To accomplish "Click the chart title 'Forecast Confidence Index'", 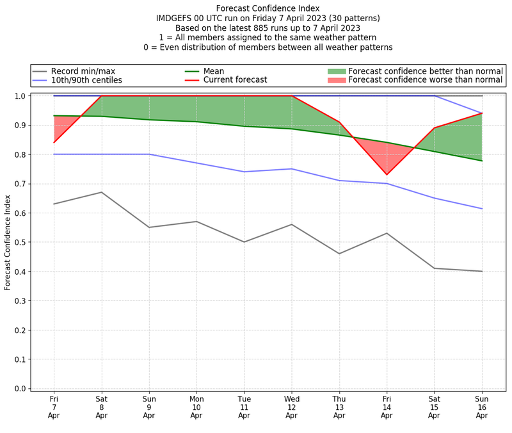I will point(268,8).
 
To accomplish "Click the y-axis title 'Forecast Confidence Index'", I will point(8,242).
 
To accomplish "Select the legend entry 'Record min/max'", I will point(83,71).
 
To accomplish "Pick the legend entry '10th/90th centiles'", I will point(86,81).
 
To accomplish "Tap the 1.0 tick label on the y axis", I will point(21,96).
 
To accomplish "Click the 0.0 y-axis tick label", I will point(21,389).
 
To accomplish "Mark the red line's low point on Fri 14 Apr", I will point(387,174).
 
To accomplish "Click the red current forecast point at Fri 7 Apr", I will point(54,142).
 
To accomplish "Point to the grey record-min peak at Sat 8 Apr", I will point(102,192).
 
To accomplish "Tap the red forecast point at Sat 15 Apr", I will point(435,128).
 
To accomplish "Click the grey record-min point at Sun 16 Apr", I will point(482,272).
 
